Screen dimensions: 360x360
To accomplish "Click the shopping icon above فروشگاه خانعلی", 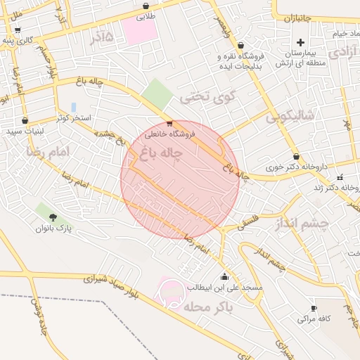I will click(169, 123).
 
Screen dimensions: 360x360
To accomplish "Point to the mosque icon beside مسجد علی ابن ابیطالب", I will click(224, 276).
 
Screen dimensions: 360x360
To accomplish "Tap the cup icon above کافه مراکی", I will click(314, 308).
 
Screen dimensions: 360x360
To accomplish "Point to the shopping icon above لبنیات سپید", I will click(25, 120).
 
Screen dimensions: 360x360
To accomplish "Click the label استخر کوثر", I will click(73, 120).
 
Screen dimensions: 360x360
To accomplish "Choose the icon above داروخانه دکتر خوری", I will click(296, 157).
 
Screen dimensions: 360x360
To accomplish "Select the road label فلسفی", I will click(251, 221).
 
